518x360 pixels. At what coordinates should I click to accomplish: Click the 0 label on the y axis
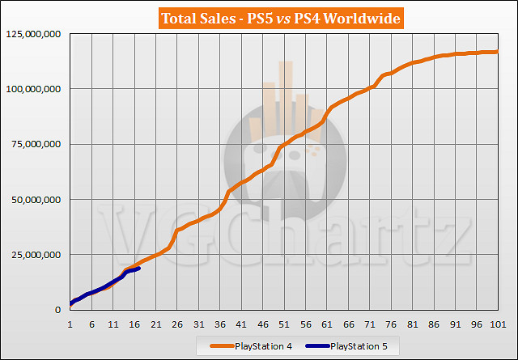pos(59,310)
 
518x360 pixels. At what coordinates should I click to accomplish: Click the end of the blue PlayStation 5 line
pos(139,269)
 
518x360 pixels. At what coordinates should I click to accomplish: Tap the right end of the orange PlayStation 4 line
pos(497,52)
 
